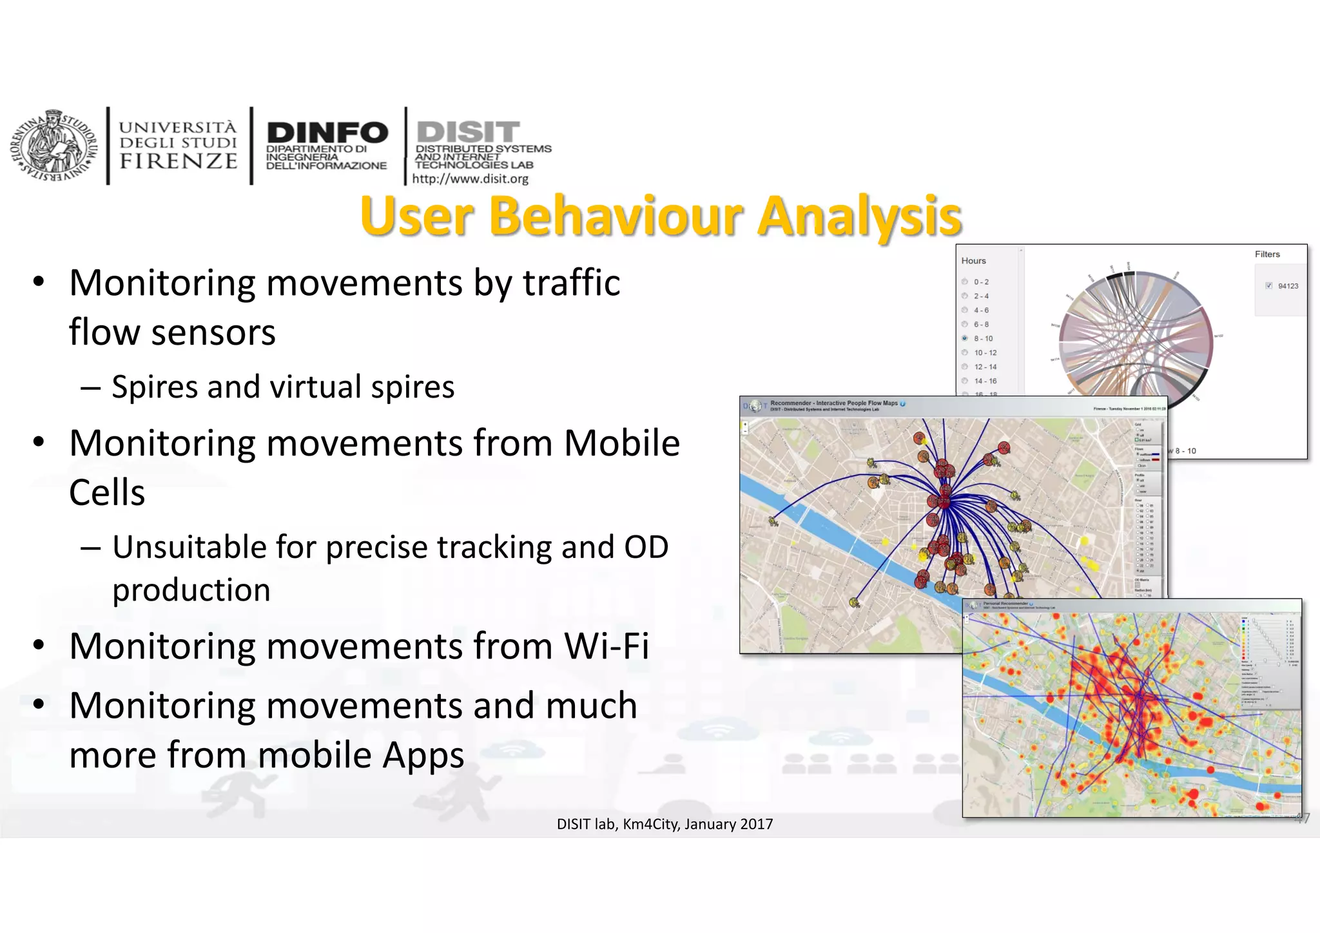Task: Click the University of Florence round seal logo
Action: pos(53,146)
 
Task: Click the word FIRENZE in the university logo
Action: pos(179,161)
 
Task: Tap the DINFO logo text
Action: pos(327,133)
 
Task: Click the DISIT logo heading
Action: pos(468,132)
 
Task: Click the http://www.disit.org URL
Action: pos(470,179)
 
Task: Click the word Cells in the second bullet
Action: pos(107,493)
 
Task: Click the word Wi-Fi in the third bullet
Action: pos(606,646)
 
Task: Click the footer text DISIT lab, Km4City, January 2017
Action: pos(665,824)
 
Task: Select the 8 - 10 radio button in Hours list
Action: pos(965,338)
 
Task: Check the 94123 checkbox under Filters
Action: pos(1268,286)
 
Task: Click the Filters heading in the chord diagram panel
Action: pos(1267,255)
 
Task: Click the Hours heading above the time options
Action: pos(973,261)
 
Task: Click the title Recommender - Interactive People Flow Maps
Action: pos(833,403)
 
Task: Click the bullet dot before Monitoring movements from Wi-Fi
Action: pos(39,644)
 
